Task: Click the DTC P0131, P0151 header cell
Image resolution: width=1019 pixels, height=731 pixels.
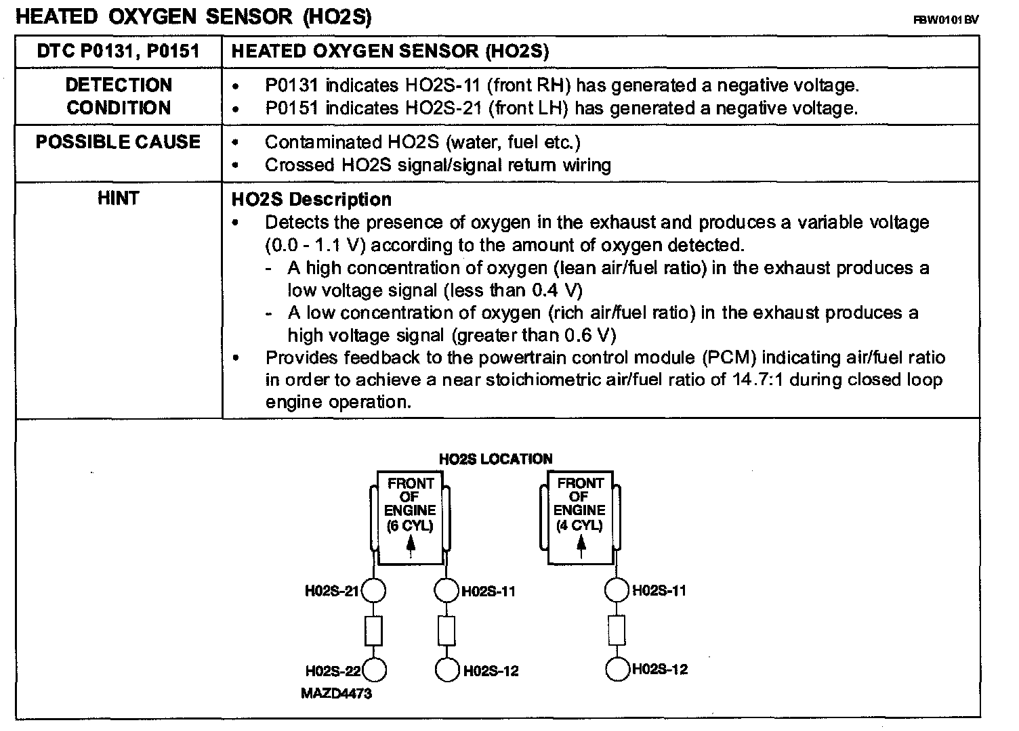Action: (119, 51)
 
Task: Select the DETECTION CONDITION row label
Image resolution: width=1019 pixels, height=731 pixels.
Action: (119, 96)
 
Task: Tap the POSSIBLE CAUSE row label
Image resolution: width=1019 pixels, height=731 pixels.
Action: (119, 141)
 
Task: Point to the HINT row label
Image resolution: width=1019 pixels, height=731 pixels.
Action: (119, 198)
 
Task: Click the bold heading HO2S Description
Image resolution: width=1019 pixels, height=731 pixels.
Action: (312, 200)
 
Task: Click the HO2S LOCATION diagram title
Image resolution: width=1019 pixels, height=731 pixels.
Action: (496, 459)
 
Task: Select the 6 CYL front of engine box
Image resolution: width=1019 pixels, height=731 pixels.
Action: (411, 518)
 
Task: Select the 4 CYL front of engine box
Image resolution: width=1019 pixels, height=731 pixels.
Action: (581, 518)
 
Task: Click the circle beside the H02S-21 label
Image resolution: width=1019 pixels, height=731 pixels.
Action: (373, 591)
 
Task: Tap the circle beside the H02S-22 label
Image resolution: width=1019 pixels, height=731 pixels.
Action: (375, 670)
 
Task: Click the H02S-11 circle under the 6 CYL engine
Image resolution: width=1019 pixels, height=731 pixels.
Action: (446, 591)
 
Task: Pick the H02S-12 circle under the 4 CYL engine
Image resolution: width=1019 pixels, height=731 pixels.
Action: (617, 669)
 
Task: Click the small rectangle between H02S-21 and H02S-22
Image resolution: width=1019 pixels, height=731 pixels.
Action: (373, 631)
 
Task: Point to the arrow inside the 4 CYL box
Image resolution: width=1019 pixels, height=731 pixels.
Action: (581, 546)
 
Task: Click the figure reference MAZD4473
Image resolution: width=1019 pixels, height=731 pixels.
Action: (337, 693)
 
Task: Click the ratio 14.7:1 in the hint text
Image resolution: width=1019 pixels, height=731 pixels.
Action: (757, 379)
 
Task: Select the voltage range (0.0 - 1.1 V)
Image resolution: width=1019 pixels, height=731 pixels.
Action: (316, 245)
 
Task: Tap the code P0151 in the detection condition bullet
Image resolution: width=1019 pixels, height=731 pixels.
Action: (291, 108)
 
